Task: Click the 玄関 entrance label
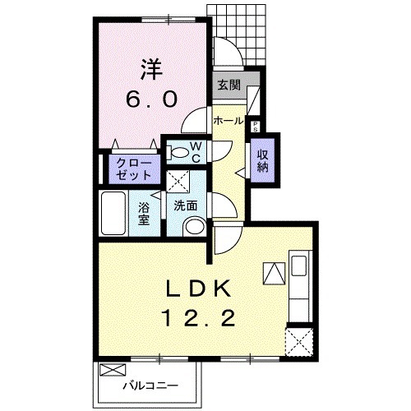(229, 85)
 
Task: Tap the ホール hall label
(229, 121)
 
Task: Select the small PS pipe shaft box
(255, 127)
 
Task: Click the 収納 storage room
(262, 160)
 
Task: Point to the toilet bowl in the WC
(178, 152)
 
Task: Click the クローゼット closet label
(134, 170)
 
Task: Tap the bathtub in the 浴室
(113, 214)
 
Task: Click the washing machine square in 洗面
(178, 181)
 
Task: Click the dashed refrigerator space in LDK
(299, 342)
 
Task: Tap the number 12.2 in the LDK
(199, 318)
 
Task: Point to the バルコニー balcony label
(150, 386)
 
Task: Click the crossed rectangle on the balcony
(113, 370)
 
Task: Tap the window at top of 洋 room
(169, 20)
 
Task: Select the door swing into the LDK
(228, 238)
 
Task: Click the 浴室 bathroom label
(144, 214)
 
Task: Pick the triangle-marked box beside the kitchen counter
(274, 274)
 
